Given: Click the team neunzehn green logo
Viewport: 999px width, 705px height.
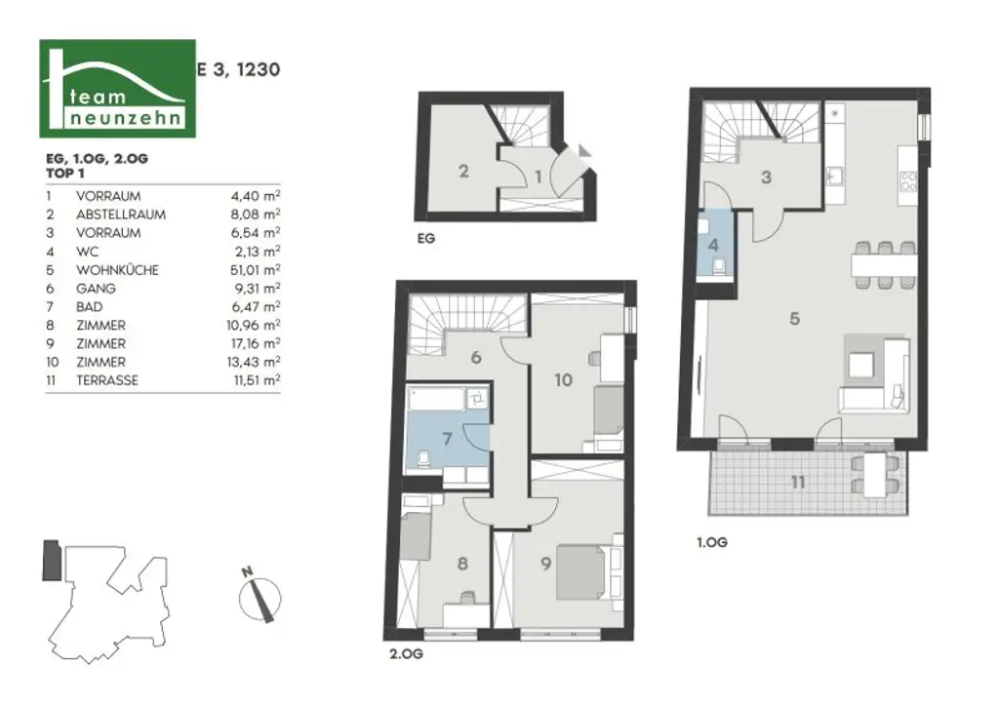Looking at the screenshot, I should (117, 89).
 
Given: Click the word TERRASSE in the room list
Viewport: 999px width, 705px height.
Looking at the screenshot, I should (106, 380).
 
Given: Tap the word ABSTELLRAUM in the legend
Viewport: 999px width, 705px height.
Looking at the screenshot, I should (120, 215).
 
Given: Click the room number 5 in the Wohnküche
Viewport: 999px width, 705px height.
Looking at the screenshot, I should (795, 318).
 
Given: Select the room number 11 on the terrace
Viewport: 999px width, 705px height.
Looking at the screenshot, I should (799, 483).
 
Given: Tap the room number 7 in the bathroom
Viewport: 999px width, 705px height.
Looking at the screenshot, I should (447, 438).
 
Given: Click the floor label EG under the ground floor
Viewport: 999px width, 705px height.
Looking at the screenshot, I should (427, 237).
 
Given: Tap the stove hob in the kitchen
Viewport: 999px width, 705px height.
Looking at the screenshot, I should (908, 180).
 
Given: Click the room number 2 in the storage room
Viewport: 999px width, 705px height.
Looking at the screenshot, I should (463, 172).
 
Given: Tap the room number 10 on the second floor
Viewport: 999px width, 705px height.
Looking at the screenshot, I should (563, 380).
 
